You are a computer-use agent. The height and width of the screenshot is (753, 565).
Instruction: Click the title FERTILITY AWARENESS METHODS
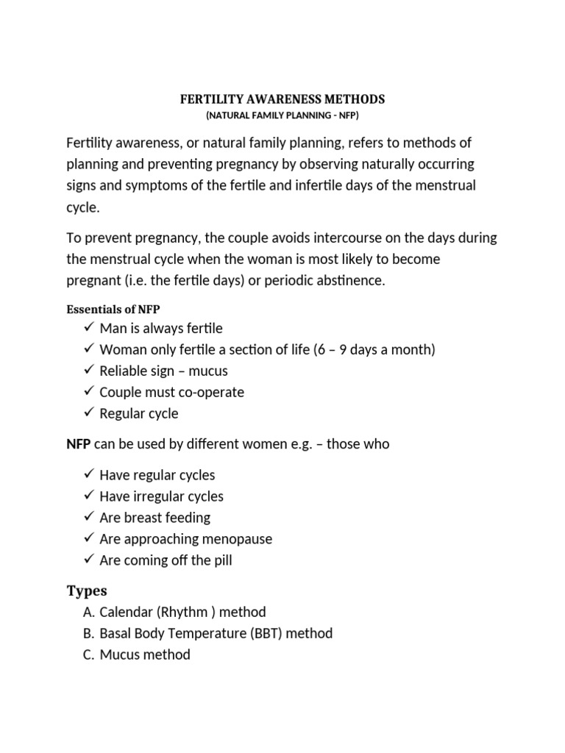click(282, 99)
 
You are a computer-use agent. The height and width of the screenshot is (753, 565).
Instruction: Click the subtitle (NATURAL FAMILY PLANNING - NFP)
click(282, 116)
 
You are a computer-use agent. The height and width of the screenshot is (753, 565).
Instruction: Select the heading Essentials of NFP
click(113, 310)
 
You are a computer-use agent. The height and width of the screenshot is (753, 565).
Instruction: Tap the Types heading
click(87, 590)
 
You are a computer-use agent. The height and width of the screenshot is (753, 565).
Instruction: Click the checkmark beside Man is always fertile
click(89, 327)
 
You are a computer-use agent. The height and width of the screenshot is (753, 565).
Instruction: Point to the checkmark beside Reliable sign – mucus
click(89, 370)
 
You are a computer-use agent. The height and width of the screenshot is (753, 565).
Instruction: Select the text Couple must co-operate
click(171, 392)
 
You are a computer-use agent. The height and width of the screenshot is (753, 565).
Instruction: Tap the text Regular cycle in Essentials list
click(139, 413)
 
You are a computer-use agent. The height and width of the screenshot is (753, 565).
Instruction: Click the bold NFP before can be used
click(79, 444)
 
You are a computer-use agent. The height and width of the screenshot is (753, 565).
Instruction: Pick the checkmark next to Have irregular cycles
click(89, 496)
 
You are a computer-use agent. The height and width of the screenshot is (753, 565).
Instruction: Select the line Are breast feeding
click(154, 518)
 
